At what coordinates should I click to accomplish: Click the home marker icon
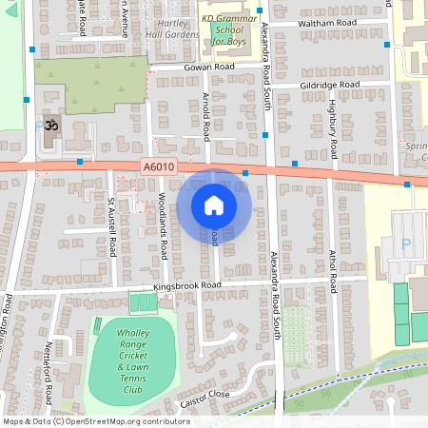tap(214, 204)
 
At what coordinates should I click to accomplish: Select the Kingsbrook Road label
tap(187, 285)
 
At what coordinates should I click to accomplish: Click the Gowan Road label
tap(210, 68)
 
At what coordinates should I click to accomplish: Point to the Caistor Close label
tap(205, 394)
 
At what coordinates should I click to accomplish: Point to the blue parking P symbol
tap(407, 243)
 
